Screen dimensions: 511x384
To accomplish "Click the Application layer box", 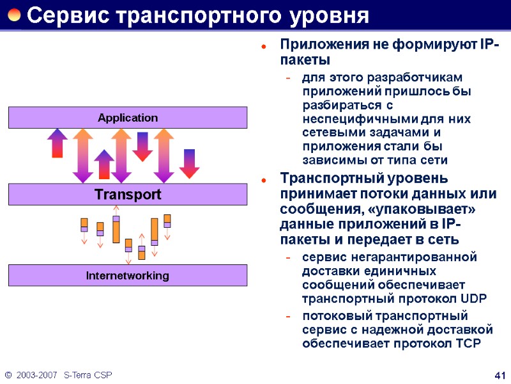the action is pyautogui.click(x=127, y=118).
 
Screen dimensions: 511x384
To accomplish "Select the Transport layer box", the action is pyautogui.click(x=127, y=195).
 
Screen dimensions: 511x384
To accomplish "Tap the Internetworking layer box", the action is pyautogui.click(x=127, y=276).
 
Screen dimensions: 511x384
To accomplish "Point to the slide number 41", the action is pyautogui.click(x=500, y=374).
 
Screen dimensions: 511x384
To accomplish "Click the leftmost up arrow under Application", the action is pyautogui.click(x=57, y=143).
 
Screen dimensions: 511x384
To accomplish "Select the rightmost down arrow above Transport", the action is pyautogui.click(x=190, y=163).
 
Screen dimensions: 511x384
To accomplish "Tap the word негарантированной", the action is pyautogui.click(x=422, y=257).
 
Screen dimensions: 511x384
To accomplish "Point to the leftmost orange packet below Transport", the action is pyautogui.click(x=84, y=225).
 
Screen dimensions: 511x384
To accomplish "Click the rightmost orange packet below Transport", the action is pyautogui.click(x=167, y=221).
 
